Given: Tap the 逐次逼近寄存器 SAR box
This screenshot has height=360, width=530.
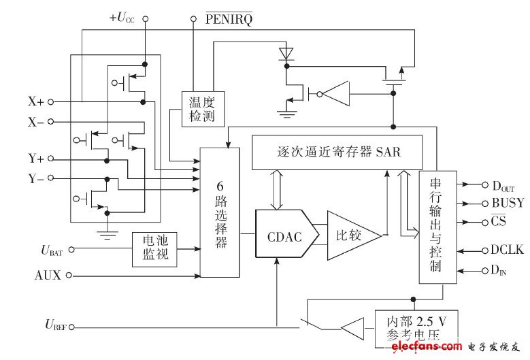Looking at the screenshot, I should pos(337,152).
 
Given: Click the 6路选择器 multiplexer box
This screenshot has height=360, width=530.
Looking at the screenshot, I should pos(219,212).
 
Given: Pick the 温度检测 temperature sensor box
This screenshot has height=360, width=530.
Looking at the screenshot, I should pos(201,109).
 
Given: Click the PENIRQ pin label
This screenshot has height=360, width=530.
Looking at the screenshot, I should pos(229,20).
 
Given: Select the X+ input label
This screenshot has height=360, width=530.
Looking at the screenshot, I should pos(35,101).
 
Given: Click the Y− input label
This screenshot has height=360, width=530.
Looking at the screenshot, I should pos(35,179).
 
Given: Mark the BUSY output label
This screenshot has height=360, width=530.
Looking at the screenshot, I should pos(508,203).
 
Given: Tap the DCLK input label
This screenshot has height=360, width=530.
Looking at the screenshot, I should pos(508,250).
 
